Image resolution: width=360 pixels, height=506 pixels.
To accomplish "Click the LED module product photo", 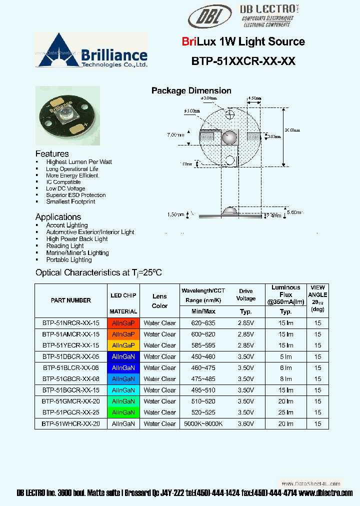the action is tap(67, 115).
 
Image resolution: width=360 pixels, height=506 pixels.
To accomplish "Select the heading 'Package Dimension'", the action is tap(191, 90).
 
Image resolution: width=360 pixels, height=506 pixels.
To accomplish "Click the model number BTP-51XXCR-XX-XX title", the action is tap(243, 61).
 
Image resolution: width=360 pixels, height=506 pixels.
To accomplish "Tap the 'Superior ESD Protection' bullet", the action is tap(75, 195).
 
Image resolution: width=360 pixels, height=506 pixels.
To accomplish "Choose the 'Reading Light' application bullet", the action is tap(65, 246).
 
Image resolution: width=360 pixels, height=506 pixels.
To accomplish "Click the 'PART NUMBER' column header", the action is tap(71, 300).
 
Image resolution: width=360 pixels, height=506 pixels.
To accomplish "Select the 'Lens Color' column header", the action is tap(159, 301).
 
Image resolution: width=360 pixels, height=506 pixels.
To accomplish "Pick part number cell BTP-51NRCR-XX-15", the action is tap(71, 323).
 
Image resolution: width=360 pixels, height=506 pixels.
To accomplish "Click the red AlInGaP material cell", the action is tap(123, 323).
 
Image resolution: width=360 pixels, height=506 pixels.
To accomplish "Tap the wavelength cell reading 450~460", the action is tap(203, 356).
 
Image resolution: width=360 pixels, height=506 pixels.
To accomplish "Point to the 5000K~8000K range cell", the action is tap(203, 423).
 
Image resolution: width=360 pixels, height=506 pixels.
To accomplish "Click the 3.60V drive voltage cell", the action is tap(246, 423).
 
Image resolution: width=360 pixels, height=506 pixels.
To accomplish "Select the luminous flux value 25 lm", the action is tap(286, 412).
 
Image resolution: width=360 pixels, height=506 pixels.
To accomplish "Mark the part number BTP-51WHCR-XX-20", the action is tap(71, 423).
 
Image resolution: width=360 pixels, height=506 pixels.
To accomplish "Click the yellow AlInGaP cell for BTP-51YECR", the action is tap(123, 345).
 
